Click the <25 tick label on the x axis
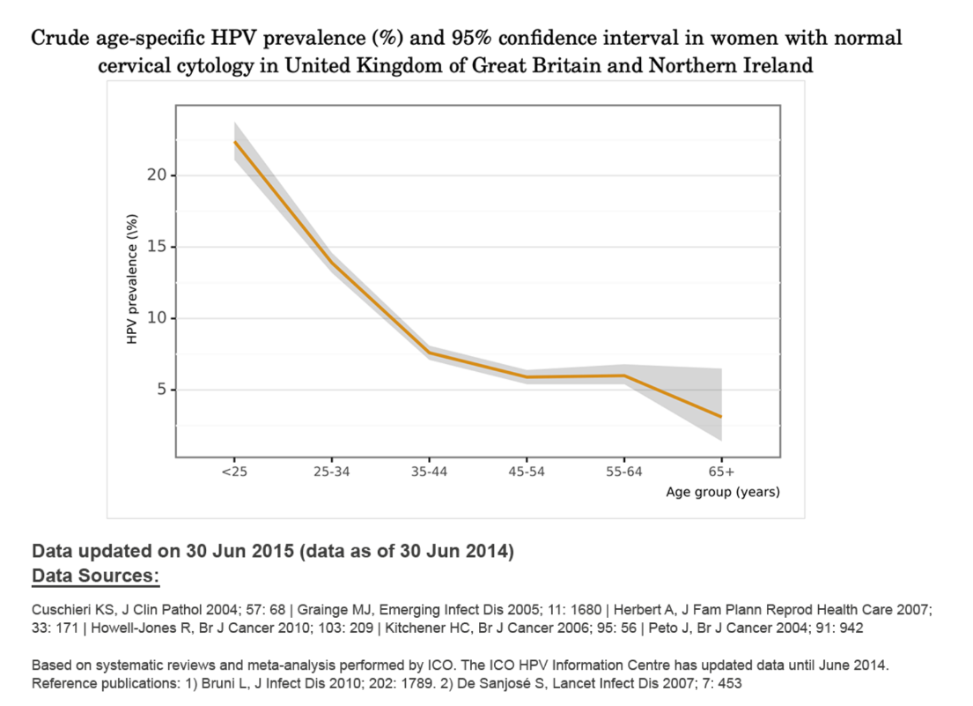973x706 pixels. [234, 472]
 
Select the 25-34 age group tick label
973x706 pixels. [332, 472]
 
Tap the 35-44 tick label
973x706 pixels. [429, 472]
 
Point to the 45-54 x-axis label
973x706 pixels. [527, 472]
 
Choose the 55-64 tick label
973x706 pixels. [624, 472]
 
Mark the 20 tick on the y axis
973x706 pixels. [157, 175]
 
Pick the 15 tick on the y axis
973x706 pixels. [157, 247]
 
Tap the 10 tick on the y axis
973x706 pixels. [157, 318]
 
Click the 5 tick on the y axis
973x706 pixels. [161, 390]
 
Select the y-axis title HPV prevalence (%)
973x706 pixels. [132, 279]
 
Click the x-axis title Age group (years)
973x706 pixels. [722, 492]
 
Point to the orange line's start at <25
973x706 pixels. [235, 142]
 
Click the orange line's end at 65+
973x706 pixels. [722, 416]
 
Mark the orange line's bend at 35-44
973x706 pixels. [429, 353]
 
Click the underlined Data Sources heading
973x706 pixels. [95, 576]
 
